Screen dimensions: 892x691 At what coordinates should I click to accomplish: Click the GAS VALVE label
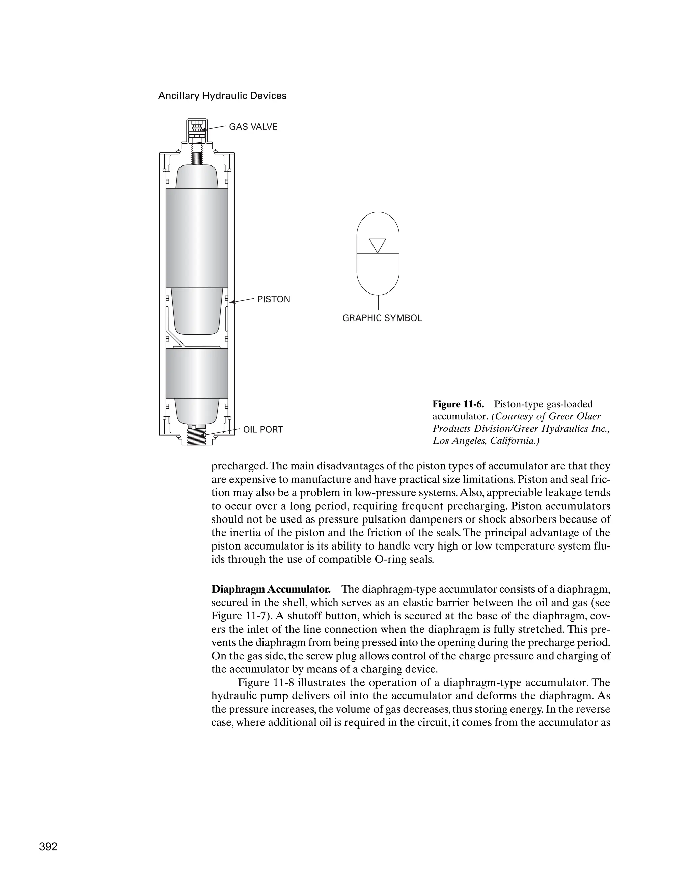coord(253,127)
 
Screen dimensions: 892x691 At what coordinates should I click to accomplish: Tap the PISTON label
coord(274,299)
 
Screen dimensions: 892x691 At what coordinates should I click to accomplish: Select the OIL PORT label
coord(263,430)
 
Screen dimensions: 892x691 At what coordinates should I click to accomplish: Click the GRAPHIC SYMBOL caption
coord(382,318)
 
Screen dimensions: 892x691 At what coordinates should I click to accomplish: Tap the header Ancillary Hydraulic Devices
coord(222,96)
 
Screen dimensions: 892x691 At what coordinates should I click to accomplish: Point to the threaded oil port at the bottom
coord(197,436)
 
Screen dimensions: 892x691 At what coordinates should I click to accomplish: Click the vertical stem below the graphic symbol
coord(378,302)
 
